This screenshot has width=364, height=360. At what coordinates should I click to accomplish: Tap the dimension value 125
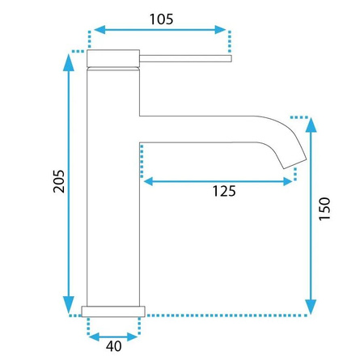(x=223, y=192)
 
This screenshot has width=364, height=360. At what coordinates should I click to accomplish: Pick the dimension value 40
(x=113, y=346)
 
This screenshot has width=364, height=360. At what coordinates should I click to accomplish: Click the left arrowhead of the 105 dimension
(x=93, y=31)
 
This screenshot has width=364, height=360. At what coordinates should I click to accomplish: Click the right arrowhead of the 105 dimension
(x=224, y=31)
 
